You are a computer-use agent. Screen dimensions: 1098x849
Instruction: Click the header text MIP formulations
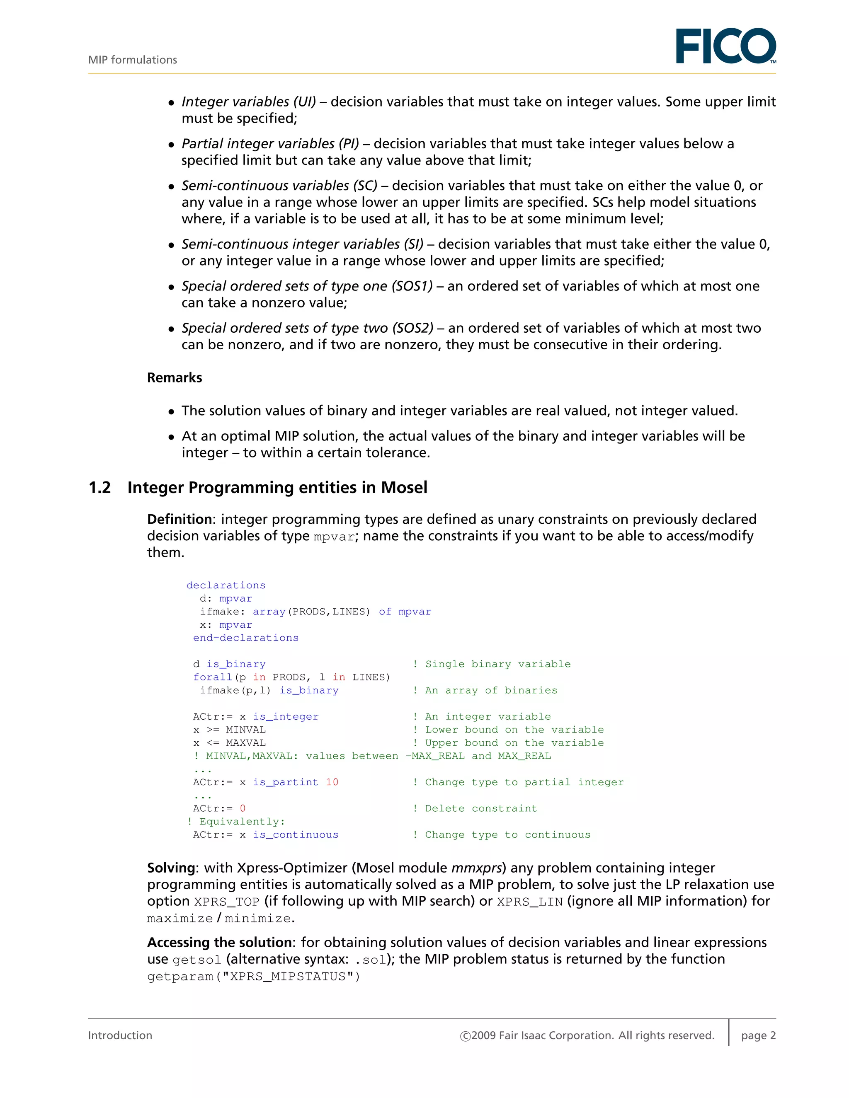click(x=132, y=60)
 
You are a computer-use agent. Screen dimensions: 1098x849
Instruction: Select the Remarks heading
click(x=174, y=377)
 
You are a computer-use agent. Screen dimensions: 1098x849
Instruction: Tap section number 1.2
click(x=99, y=487)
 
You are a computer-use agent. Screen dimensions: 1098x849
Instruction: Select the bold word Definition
click(x=179, y=519)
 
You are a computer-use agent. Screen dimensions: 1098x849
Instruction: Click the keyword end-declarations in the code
click(x=245, y=638)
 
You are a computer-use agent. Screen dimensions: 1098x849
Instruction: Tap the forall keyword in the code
click(x=213, y=677)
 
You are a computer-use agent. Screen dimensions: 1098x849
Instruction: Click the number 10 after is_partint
click(x=332, y=782)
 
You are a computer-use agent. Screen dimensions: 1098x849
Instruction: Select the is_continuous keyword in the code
click(x=295, y=834)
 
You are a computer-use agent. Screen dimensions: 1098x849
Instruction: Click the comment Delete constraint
click(x=481, y=808)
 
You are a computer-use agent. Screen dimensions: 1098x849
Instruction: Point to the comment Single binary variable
click(x=498, y=664)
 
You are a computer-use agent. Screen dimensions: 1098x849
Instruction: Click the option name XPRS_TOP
click(x=226, y=902)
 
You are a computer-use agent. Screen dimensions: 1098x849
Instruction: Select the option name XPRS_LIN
click(x=530, y=902)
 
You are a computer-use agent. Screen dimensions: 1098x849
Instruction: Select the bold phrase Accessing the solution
click(x=219, y=942)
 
